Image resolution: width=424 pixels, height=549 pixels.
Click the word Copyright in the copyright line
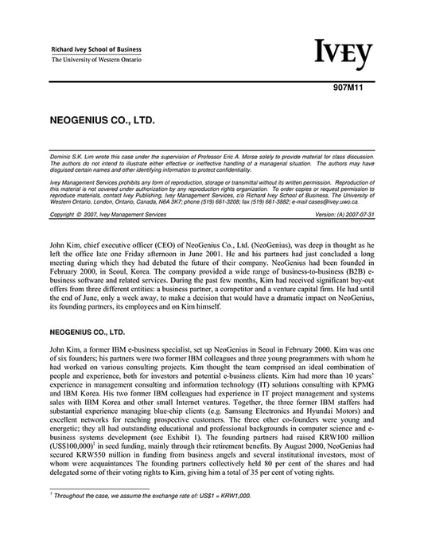pos(64,214)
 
